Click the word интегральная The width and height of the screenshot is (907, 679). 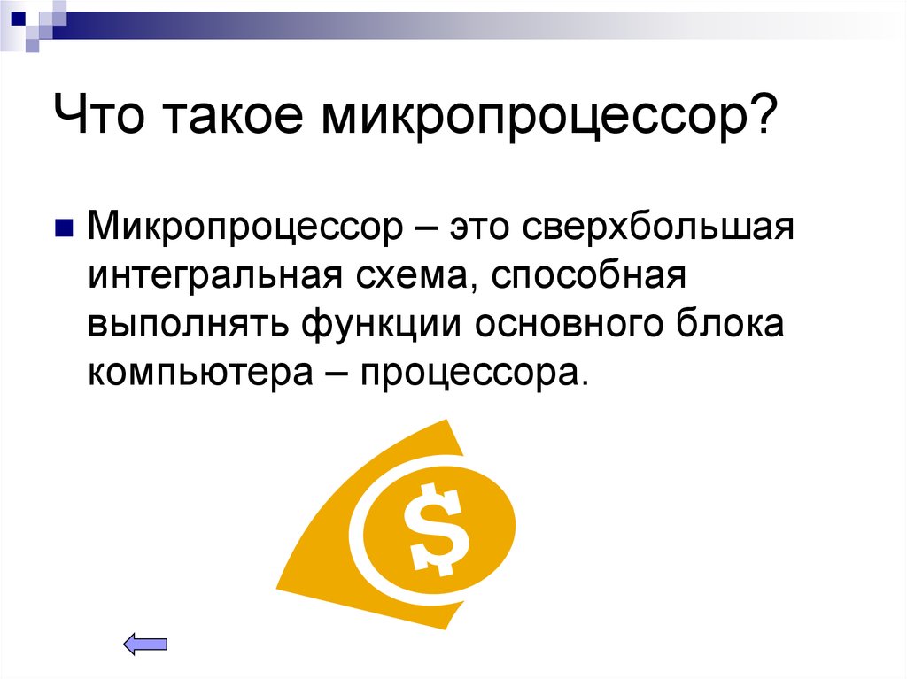point(211,277)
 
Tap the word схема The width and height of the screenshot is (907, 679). point(407,277)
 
